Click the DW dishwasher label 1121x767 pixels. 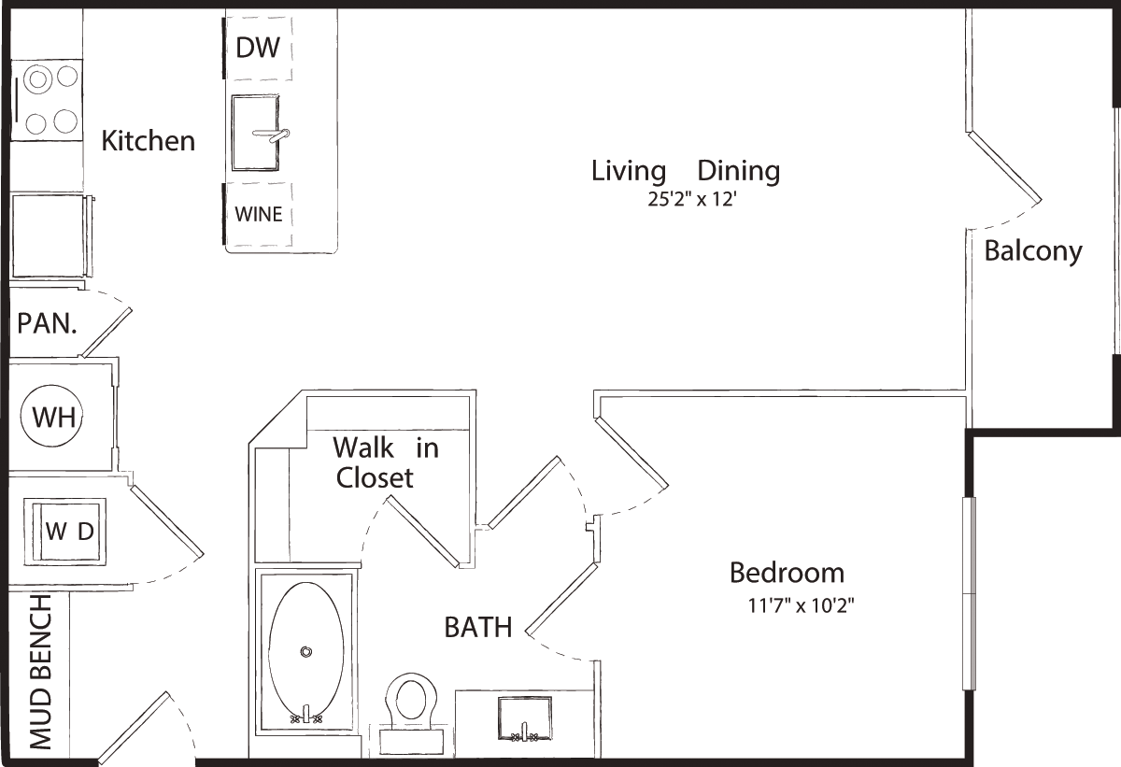[258, 48]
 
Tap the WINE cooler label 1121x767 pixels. [259, 215]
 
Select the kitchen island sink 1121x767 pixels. [256, 133]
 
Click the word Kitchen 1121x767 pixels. [149, 140]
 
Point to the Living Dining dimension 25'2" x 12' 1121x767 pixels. [692, 200]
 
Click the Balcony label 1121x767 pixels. [1033, 251]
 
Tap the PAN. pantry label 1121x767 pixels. [47, 323]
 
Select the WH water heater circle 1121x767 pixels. [51, 417]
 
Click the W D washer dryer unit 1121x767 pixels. [65, 532]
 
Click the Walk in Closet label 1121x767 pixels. [385, 462]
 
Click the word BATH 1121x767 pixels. [478, 628]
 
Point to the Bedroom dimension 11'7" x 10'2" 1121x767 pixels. [801, 606]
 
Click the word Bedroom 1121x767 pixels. [788, 573]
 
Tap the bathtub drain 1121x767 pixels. [306, 652]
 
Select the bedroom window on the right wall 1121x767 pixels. [970, 594]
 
